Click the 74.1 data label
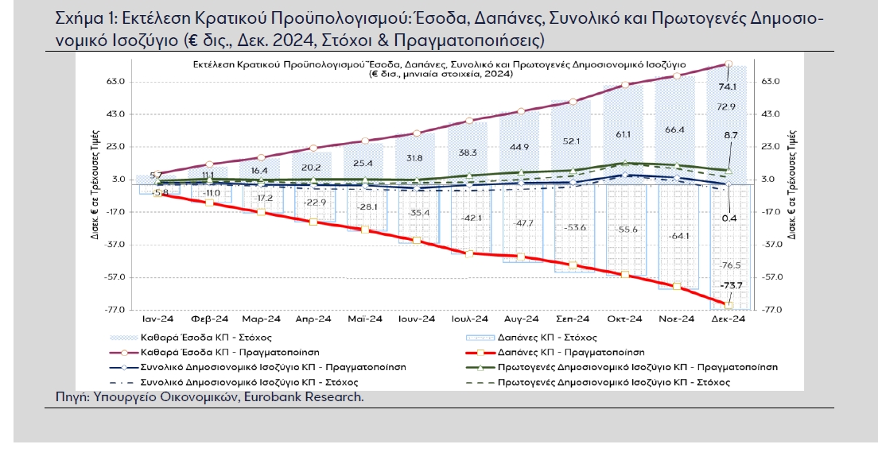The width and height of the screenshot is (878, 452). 727,87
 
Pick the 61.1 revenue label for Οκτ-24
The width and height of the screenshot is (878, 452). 624,133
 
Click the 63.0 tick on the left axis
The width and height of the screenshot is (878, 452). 118,82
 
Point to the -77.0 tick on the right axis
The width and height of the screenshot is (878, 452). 769,310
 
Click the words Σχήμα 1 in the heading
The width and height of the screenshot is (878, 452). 81,19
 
